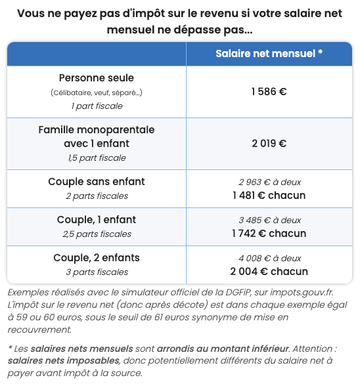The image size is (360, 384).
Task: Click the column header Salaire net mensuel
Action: pyautogui.click(x=269, y=53)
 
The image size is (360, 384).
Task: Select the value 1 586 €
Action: pyautogui.click(x=269, y=92)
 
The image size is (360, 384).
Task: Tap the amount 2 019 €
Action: pyautogui.click(x=269, y=143)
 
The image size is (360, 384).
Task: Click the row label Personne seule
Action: pyautogui.click(x=97, y=78)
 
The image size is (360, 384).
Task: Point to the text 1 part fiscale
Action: pyautogui.click(x=97, y=106)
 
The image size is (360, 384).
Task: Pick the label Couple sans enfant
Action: pyautogui.click(x=97, y=181)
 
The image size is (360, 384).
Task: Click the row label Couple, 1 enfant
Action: pyautogui.click(x=97, y=220)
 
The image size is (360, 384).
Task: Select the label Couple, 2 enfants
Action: pyautogui.click(x=97, y=257)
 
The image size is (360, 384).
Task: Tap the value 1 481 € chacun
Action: pyautogui.click(x=269, y=195)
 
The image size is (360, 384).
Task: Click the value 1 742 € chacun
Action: pyautogui.click(x=269, y=233)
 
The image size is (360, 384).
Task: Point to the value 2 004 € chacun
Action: pyautogui.click(x=269, y=271)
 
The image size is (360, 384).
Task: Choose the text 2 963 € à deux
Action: pyautogui.click(x=269, y=182)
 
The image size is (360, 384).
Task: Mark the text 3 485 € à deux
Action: pyautogui.click(x=269, y=220)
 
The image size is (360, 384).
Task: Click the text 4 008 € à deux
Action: pyautogui.click(x=269, y=258)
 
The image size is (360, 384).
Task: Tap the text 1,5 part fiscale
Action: pyautogui.click(x=97, y=158)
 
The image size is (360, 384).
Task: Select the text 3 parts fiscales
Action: pyautogui.click(x=97, y=272)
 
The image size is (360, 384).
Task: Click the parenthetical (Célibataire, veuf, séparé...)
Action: pyautogui.click(x=97, y=93)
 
